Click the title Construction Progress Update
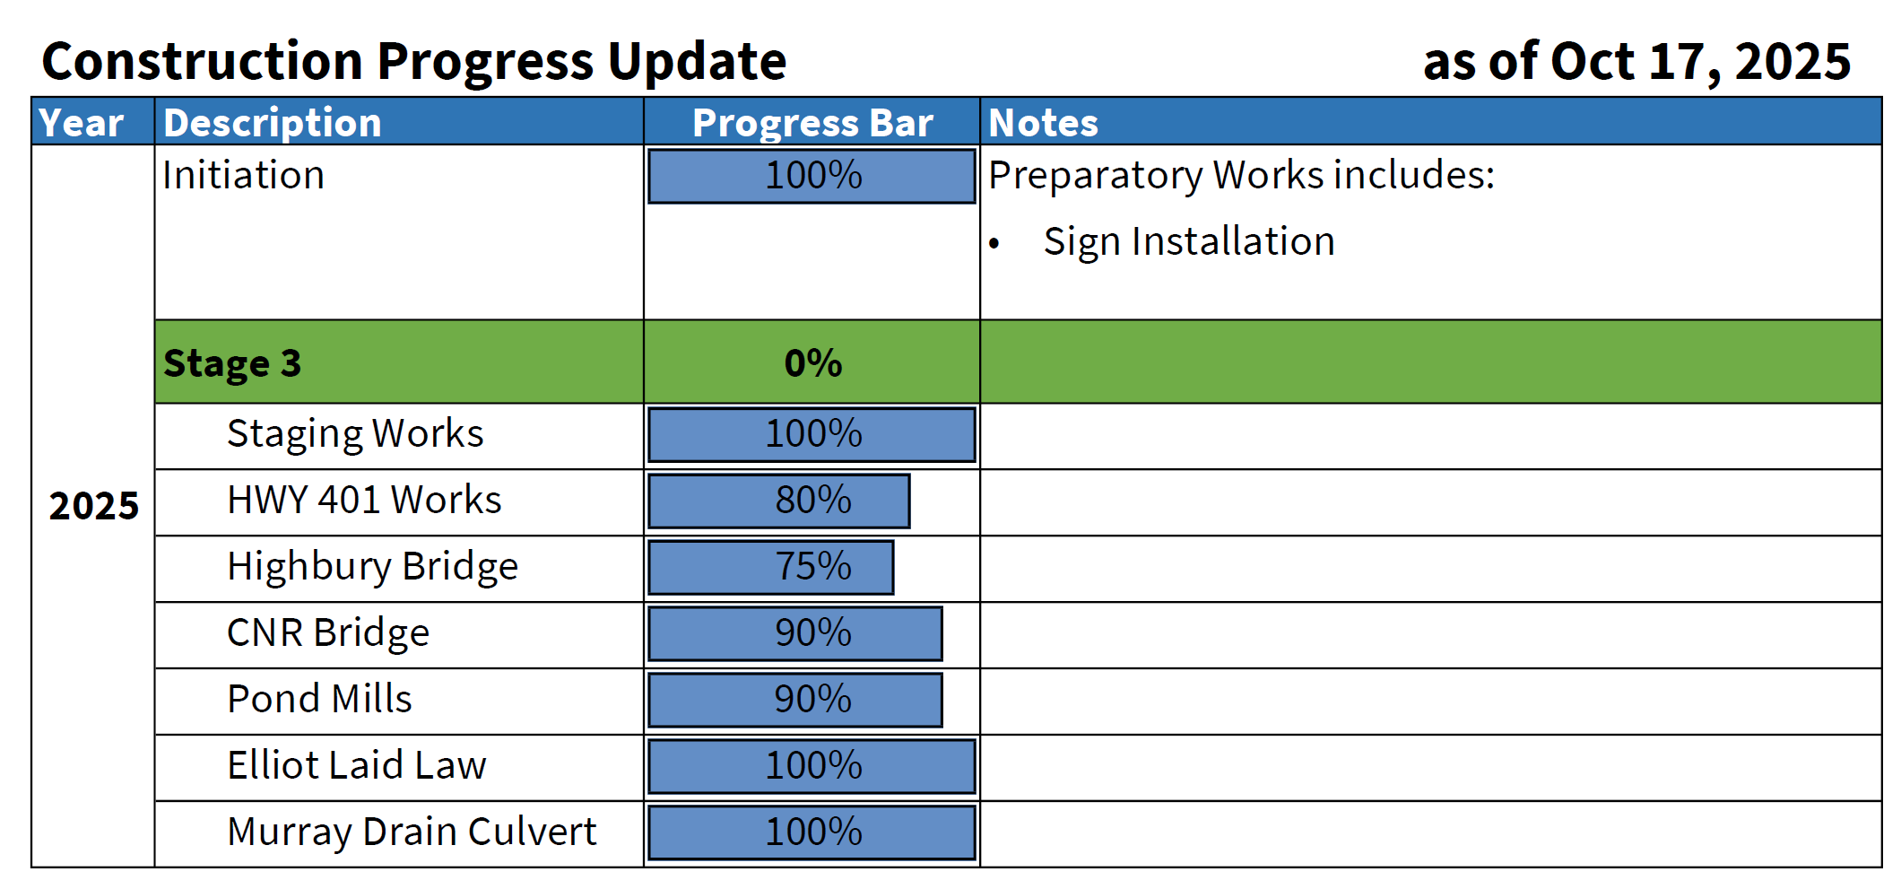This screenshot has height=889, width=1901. click(413, 61)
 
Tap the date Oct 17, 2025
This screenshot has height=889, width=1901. click(1699, 61)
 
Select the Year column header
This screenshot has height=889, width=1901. click(82, 122)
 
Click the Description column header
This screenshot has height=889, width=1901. click(273, 122)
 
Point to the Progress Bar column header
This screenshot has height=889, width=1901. click(812, 122)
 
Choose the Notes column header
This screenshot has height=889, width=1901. click(1043, 122)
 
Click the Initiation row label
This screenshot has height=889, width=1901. click(243, 174)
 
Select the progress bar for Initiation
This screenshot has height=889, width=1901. click(812, 176)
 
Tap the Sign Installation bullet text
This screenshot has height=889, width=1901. click(1188, 241)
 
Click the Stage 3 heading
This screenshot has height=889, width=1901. click(232, 362)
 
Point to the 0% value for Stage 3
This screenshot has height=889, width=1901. click(812, 362)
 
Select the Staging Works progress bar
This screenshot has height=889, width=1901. click(812, 434)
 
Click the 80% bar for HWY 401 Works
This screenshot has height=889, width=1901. click(778, 501)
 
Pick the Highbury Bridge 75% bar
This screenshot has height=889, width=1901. click(770, 567)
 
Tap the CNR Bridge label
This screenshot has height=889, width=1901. click(328, 632)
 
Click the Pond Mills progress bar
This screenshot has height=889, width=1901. click(794, 700)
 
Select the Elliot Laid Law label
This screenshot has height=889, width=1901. click(356, 765)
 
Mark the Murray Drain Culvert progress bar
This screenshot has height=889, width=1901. click(812, 832)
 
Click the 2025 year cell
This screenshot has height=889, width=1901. click(93, 506)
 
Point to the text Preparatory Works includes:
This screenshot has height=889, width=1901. click(1241, 174)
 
